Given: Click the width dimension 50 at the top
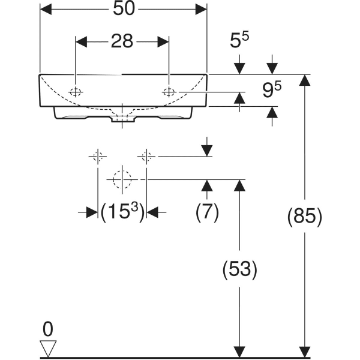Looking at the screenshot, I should (x=123, y=9).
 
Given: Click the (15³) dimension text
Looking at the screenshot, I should (x=122, y=211).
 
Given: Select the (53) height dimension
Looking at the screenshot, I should (x=240, y=269).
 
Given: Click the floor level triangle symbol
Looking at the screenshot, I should (x=48, y=347).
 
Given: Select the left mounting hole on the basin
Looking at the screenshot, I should (x=76, y=91).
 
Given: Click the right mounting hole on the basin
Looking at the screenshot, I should (x=169, y=91).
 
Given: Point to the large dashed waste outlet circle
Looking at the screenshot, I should (x=122, y=179).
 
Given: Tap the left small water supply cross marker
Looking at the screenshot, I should (x=98, y=157).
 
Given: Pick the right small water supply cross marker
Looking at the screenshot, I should (x=145, y=157).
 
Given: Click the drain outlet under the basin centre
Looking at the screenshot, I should (x=122, y=119).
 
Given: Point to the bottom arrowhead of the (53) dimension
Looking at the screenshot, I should (x=240, y=349).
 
